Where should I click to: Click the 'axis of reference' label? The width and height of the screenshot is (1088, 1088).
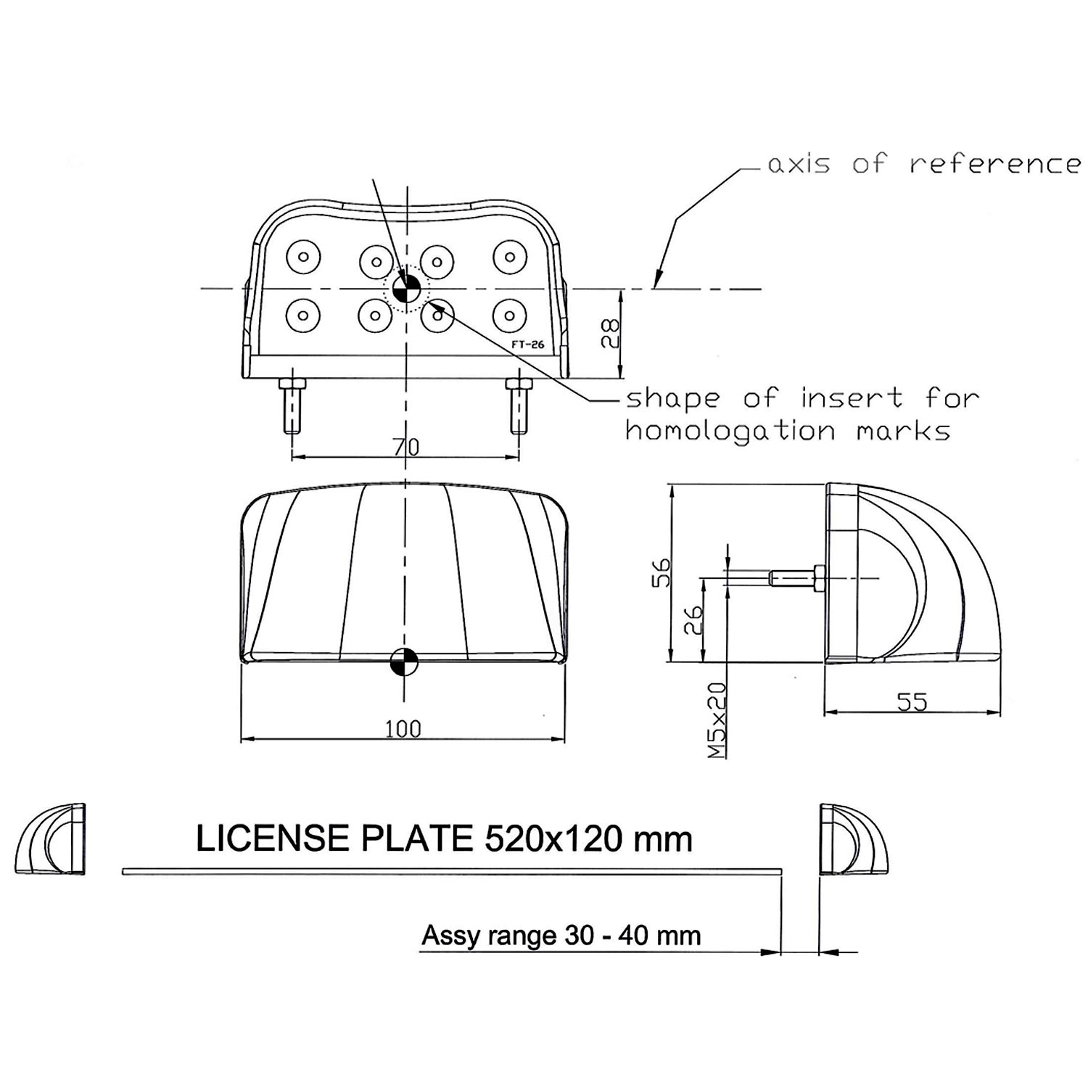(923, 164)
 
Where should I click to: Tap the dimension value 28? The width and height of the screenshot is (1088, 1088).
(611, 334)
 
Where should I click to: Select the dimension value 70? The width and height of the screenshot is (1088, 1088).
(406, 447)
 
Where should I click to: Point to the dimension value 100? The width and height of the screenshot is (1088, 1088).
(403, 728)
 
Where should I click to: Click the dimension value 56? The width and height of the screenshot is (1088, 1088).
(662, 572)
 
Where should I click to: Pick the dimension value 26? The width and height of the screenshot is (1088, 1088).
(694, 621)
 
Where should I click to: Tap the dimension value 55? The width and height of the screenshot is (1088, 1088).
(912, 701)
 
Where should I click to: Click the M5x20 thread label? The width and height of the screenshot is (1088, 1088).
(717, 720)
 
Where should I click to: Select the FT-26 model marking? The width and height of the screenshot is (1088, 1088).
(527, 345)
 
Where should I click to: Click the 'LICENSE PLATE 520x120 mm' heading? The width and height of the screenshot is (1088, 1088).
(444, 839)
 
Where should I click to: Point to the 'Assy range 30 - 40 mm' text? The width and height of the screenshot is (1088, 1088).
(561, 936)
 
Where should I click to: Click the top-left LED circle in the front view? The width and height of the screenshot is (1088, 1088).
(303, 256)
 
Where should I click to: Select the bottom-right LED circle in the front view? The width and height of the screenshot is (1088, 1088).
(509, 316)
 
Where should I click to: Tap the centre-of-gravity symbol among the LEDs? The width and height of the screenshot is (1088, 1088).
(405, 289)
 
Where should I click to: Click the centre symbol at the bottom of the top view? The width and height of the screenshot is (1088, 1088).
(405, 661)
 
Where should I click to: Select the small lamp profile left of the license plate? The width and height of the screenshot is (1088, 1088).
(51, 839)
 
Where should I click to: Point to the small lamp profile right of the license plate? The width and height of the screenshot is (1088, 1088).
(853, 839)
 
